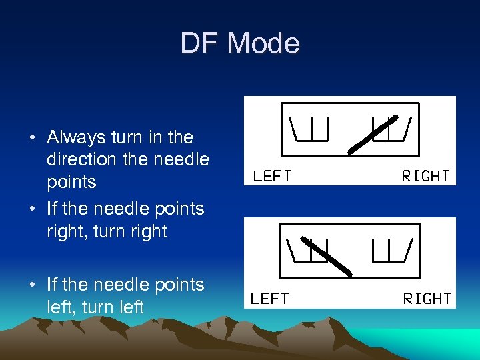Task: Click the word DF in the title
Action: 201,44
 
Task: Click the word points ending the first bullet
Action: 71,183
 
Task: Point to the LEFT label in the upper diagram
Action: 272,177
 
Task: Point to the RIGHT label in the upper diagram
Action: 425,176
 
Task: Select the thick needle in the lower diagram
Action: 326,255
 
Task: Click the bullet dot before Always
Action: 33,139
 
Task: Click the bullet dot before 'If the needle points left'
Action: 33,285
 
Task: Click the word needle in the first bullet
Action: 181,160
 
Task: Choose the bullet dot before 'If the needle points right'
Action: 33,209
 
